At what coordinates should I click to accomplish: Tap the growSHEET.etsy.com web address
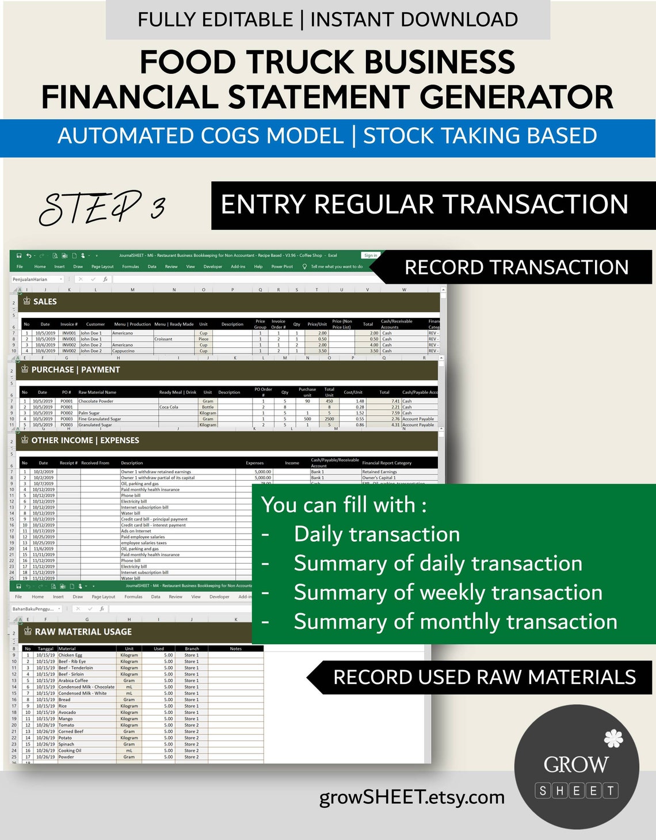point(411,797)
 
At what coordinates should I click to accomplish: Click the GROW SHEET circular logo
point(577,766)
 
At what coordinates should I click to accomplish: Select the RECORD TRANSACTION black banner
point(516,267)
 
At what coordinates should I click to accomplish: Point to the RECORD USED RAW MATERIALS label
point(484,677)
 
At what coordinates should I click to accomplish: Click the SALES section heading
point(45,302)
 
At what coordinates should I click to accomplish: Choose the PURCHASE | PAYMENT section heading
point(75,370)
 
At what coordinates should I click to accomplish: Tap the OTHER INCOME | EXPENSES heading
point(85,440)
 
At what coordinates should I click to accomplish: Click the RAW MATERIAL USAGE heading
point(83,632)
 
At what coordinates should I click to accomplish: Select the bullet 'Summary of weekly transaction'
point(448,592)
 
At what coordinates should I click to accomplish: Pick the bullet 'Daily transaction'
point(376,534)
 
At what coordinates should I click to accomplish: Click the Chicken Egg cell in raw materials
point(70,655)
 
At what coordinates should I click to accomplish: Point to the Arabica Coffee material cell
point(73,681)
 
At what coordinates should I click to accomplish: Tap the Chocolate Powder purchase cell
point(96,401)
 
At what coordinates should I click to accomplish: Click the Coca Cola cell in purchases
point(169,407)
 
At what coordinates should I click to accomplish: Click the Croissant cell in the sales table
point(163,339)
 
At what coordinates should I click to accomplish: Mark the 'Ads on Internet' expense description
point(136,531)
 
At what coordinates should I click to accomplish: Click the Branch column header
point(192,649)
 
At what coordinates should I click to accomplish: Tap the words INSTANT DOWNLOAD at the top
point(414,20)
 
